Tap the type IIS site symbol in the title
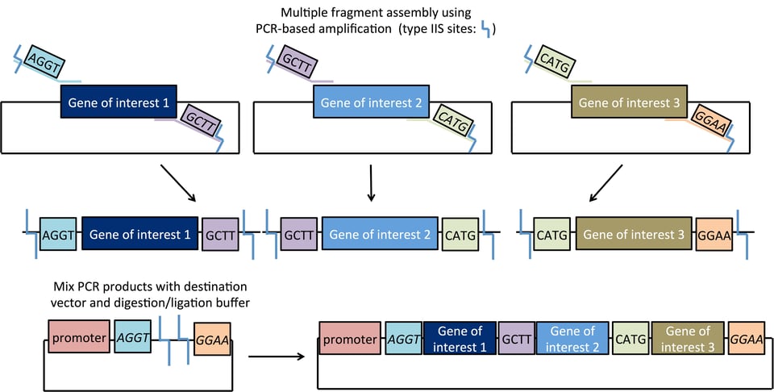[x=485, y=29]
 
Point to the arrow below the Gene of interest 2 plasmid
[x=371, y=183]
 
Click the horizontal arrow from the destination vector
[x=273, y=354]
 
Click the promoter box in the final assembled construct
[x=350, y=340]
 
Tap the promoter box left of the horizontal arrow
[x=78, y=337]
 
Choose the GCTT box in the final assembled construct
[x=515, y=340]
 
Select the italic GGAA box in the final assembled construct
[x=746, y=340]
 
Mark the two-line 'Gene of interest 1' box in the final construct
[x=460, y=340]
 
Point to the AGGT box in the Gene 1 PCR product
[x=57, y=235]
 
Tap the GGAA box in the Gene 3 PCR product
[x=714, y=235]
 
